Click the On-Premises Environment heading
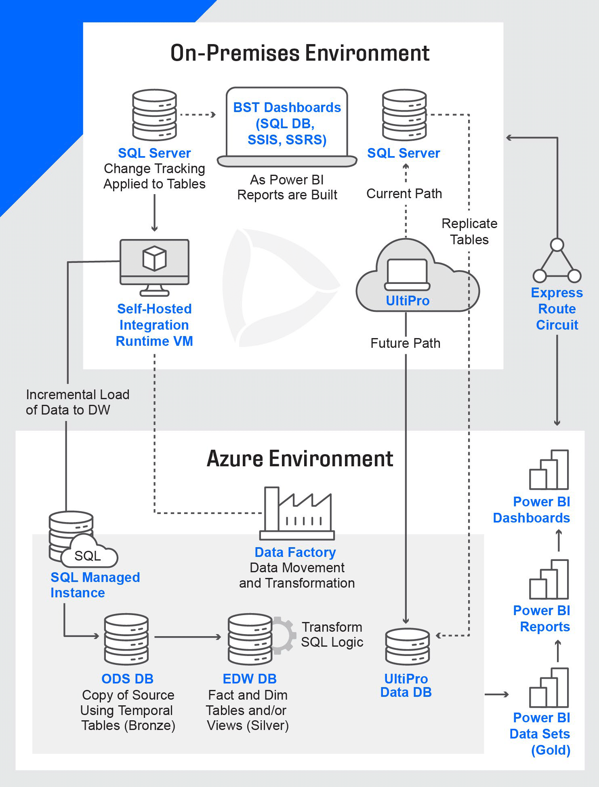click(x=300, y=53)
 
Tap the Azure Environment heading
click(x=300, y=459)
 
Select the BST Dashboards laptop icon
click(x=287, y=127)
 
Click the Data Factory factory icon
click(x=297, y=513)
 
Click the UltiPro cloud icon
click(x=418, y=275)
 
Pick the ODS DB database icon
click(x=126, y=640)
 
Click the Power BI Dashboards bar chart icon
click(x=549, y=470)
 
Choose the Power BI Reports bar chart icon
click(x=549, y=579)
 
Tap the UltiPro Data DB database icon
click(x=408, y=646)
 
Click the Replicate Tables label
click(x=469, y=232)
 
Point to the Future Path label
click(x=406, y=343)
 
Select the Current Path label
click(x=404, y=194)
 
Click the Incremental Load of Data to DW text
click(x=78, y=402)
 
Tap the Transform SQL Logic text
click(x=332, y=635)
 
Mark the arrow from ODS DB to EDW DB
click(x=188, y=637)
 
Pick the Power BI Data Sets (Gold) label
click(x=540, y=734)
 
